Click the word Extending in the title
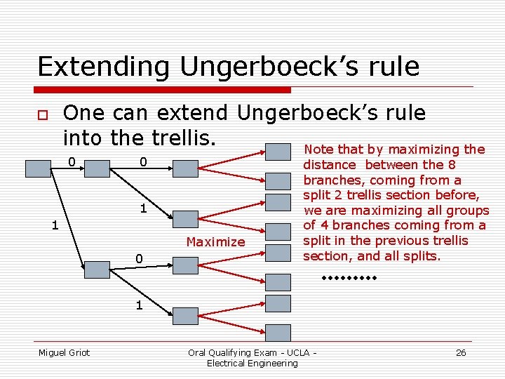104,67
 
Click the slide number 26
461,352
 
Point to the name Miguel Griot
64,352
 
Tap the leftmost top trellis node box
36,168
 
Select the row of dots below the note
349,279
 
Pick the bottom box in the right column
279,332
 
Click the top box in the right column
279,152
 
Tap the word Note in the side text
318,149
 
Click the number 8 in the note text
452,165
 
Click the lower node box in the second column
97,269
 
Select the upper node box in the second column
97,168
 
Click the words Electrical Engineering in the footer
252,363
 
